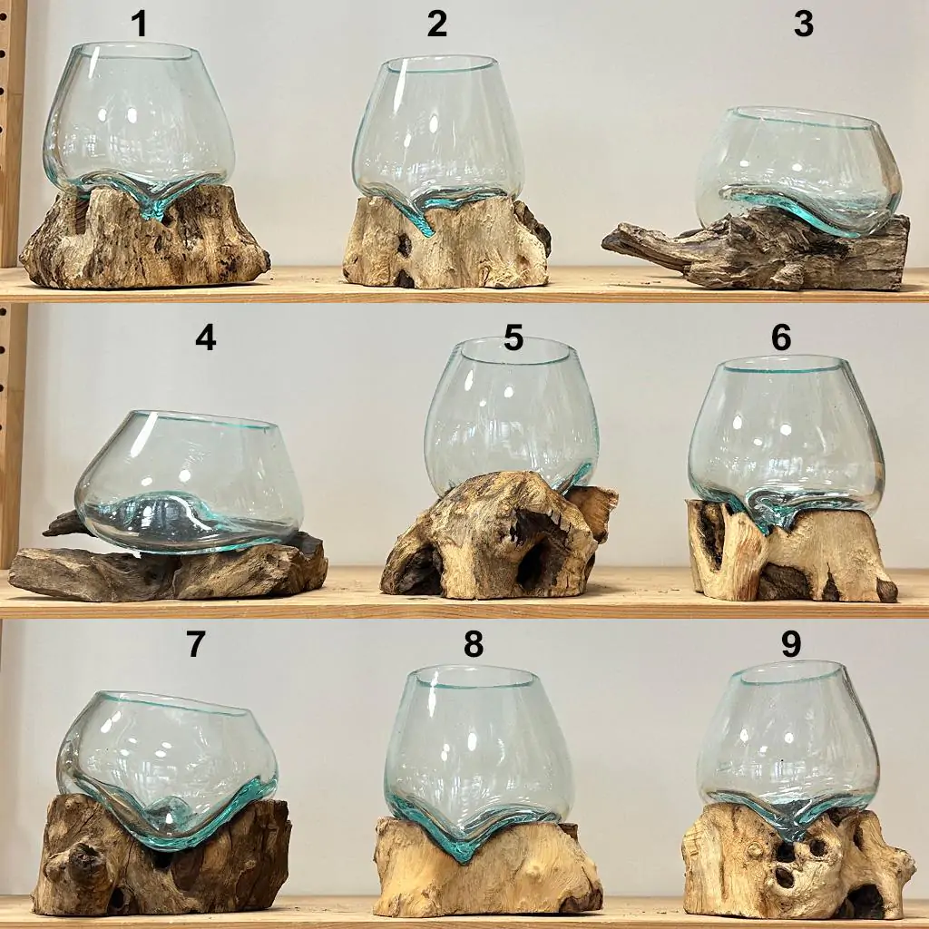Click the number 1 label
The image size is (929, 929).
click(139, 24)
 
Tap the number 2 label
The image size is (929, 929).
click(436, 24)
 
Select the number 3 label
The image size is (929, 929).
click(804, 24)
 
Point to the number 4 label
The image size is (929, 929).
click(206, 338)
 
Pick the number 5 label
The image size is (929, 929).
click(513, 337)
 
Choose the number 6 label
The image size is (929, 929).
click(781, 337)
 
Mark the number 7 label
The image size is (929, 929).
click(196, 644)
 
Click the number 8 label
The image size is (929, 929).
click(474, 644)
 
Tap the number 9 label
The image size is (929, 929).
click(791, 644)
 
